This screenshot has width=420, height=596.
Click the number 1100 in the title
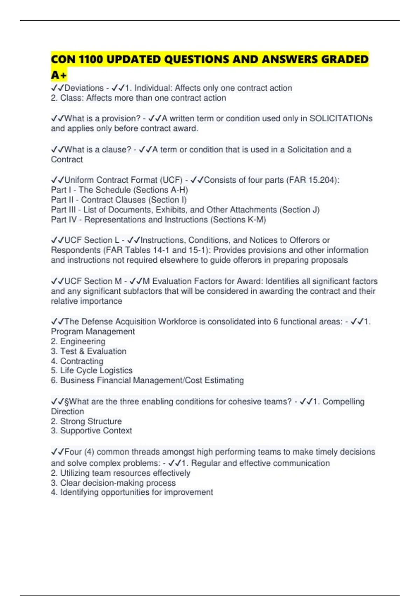click(91, 60)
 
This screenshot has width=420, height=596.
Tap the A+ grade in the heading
click(58, 75)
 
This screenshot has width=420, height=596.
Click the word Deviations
click(84, 88)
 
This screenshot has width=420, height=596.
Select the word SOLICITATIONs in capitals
click(341, 118)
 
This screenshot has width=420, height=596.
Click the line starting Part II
click(119, 200)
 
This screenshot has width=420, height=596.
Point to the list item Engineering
click(83, 341)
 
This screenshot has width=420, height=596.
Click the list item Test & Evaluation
click(93, 351)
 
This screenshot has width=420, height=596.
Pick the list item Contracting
click(82, 361)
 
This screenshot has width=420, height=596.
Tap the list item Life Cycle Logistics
click(96, 371)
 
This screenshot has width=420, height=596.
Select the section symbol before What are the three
click(67, 402)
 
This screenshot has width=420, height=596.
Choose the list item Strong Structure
click(91, 421)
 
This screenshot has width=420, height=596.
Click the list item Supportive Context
click(96, 431)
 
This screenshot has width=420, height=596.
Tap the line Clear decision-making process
click(118, 483)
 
